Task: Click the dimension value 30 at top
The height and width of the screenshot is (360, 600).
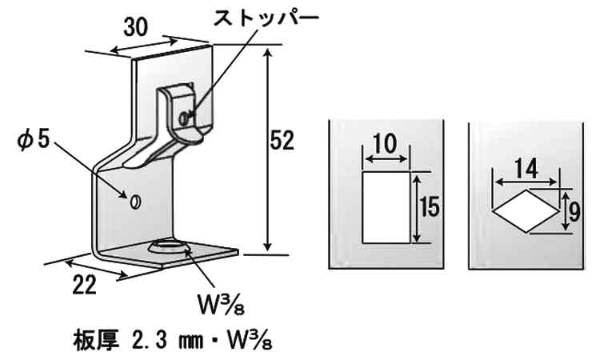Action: click(x=136, y=26)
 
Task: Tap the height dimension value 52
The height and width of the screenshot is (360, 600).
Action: click(x=282, y=142)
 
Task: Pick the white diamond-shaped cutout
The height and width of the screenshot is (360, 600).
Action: click(x=525, y=210)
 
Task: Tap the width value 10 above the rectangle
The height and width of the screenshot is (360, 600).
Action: click(x=385, y=144)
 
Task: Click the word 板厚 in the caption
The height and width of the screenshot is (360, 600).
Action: click(x=90, y=335)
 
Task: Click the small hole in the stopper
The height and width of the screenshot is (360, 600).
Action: click(x=186, y=118)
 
